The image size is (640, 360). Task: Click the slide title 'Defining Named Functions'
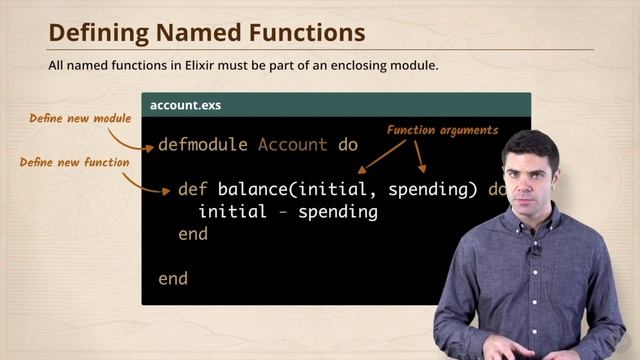[206, 33]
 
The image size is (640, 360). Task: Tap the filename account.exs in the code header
[186, 104]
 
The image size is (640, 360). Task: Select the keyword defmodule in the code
[202, 144]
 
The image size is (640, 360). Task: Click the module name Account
[292, 144]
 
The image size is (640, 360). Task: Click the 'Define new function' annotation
[74, 161]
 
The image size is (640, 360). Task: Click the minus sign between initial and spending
[283, 212]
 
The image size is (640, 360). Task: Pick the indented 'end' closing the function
[192, 233]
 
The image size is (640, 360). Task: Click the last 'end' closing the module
[173, 278]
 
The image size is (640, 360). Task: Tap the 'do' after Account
[348, 144]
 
